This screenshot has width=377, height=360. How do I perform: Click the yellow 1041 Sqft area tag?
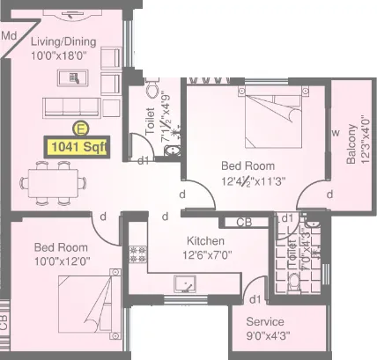pyautogui.click(x=78, y=147)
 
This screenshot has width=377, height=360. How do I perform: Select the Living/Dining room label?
pyautogui.click(x=63, y=40)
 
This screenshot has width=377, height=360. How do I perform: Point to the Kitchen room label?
pyautogui.click(x=205, y=241)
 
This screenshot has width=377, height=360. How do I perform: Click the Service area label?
pyautogui.click(x=265, y=321)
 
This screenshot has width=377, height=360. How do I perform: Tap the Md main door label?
pyautogui.click(x=10, y=36)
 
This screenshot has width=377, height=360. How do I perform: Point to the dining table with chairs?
pyautogui.click(x=54, y=180)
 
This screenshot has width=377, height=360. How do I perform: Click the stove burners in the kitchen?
pyautogui.click(x=137, y=256)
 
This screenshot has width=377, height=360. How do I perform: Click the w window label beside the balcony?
pyautogui.click(x=335, y=133)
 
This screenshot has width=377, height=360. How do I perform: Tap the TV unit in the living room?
pyautogui.click(x=71, y=78)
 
